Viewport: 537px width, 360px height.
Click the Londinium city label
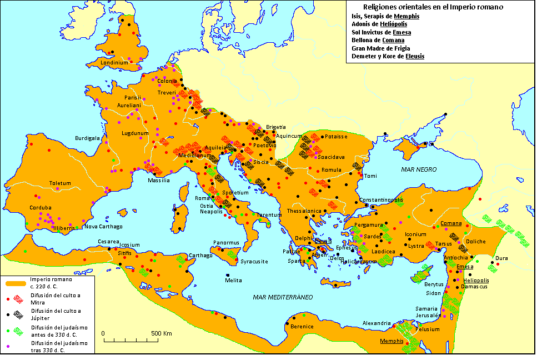click(114, 63)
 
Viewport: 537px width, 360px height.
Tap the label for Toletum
click(60, 183)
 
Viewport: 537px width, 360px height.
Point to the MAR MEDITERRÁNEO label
click(283, 297)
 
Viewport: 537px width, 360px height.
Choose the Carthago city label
click(200, 256)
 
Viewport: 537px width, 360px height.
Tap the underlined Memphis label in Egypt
click(392, 341)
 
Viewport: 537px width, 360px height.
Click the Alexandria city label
click(378, 323)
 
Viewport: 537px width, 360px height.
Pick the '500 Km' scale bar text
click(161, 333)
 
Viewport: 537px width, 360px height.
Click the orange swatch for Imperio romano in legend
click(15, 283)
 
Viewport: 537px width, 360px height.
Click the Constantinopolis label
click(381, 199)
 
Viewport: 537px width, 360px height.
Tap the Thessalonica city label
click(304, 211)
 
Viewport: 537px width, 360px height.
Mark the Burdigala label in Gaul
click(88, 138)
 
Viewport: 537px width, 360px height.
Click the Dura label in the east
click(501, 258)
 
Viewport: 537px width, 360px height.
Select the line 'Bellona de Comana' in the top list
click(378, 40)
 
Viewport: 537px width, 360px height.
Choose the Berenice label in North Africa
click(302, 326)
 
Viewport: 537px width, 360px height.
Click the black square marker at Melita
click(228, 276)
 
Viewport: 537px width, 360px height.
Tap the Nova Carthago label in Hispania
click(103, 226)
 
